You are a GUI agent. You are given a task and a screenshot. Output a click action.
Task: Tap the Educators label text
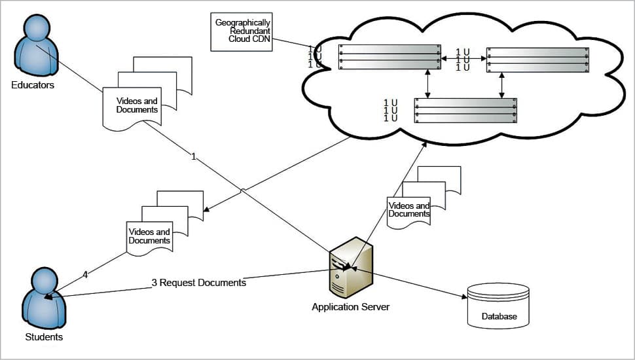tap(33, 85)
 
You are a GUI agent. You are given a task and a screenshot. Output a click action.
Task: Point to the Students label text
tap(44, 337)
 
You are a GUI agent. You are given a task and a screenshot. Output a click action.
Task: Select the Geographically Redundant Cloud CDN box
tap(242, 31)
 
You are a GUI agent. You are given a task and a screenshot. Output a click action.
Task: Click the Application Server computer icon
tap(351, 268)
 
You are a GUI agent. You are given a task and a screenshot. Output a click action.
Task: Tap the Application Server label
tap(351, 306)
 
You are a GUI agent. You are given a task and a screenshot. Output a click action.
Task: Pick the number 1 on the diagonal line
tap(194, 157)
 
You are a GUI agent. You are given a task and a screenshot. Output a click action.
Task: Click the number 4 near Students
tap(85, 276)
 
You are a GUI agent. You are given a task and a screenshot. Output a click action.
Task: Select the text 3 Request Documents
tap(199, 283)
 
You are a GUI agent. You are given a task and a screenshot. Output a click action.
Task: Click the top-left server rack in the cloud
tap(390, 57)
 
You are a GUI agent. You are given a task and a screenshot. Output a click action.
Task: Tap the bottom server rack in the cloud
tap(465, 110)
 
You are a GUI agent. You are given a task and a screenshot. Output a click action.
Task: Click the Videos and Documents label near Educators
tap(137, 105)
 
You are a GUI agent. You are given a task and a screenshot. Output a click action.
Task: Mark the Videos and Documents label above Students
tap(149, 236)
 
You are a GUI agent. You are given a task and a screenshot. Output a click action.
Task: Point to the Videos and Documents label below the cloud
tap(409, 210)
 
